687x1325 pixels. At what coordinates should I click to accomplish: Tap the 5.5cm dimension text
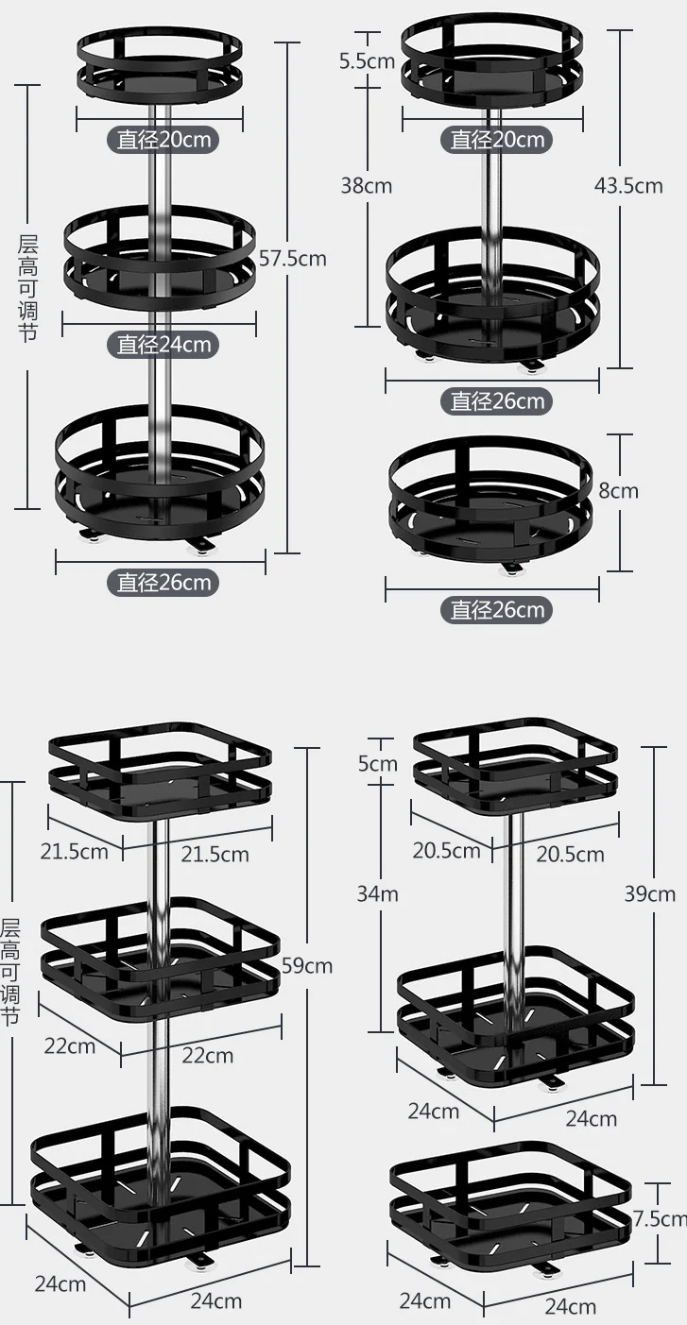tap(367, 61)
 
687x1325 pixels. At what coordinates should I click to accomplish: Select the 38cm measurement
tap(366, 185)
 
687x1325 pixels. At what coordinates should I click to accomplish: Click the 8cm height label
tap(619, 490)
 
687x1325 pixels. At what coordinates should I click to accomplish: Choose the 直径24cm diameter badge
tap(163, 344)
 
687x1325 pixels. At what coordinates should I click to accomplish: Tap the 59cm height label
tap(307, 965)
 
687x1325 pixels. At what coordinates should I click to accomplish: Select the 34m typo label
tap(377, 892)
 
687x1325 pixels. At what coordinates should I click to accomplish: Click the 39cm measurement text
tap(649, 893)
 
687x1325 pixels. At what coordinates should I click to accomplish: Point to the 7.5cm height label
tap(660, 1218)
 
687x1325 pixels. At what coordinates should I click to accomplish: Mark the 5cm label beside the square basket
tap(377, 763)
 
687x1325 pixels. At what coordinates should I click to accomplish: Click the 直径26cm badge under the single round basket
tap(492, 609)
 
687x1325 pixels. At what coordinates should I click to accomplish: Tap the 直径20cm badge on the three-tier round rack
tap(163, 140)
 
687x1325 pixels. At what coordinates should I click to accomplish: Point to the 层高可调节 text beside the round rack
tap(28, 288)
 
